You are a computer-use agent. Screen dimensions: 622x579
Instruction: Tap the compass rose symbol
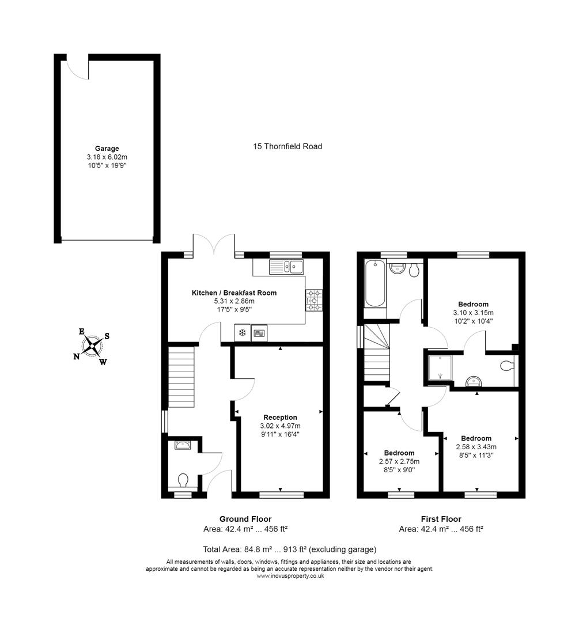click(92, 346)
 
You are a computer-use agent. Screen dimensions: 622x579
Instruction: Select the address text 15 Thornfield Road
click(287, 146)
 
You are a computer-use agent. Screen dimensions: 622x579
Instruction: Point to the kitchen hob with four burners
click(315, 300)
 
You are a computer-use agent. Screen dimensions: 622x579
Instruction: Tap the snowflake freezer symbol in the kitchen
click(242, 333)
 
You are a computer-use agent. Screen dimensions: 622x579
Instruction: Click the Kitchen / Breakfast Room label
click(234, 293)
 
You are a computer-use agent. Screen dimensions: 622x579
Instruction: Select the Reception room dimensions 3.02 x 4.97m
click(280, 426)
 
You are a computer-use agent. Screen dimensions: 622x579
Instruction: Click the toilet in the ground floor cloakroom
click(184, 480)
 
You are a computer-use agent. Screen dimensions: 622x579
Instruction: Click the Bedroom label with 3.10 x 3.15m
click(473, 304)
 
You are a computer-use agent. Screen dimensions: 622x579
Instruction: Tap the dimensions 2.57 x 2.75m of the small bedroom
click(399, 461)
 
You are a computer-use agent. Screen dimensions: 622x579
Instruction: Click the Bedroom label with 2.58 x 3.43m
click(476, 438)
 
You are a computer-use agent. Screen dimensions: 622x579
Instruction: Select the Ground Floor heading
click(245, 519)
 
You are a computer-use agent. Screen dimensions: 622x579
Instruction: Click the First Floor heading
click(441, 519)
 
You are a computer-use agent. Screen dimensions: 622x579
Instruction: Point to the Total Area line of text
click(289, 549)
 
